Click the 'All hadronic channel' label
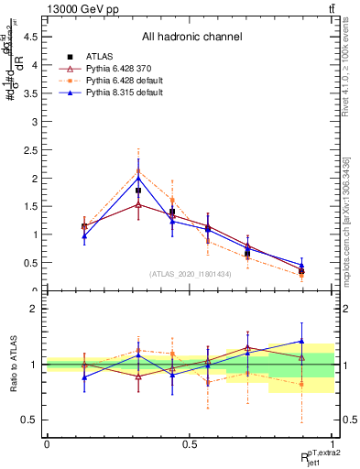click(x=191, y=38)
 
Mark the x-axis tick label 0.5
click(x=190, y=443)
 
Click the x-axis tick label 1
click(x=333, y=443)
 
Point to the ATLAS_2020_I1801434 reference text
click(x=190, y=274)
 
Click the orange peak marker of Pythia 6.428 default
click(x=138, y=171)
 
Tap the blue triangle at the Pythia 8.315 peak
click(x=138, y=178)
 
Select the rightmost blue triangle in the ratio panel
click(x=301, y=341)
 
